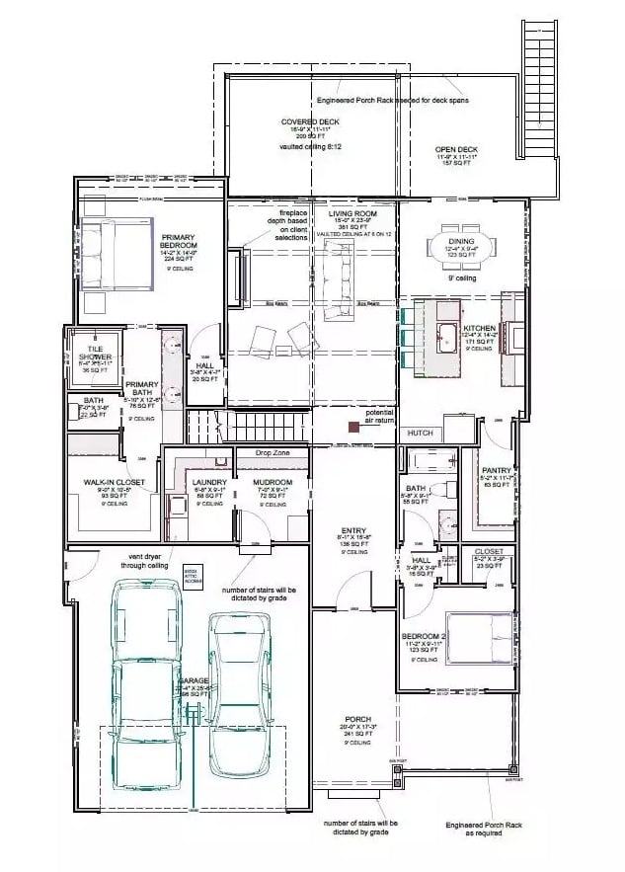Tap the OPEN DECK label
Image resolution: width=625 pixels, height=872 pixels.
(x=456, y=149)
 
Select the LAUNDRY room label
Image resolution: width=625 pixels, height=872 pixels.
(x=210, y=482)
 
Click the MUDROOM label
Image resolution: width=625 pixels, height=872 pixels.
(x=272, y=482)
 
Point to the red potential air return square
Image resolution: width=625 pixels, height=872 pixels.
(x=352, y=427)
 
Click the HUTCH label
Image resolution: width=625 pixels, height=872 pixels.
(x=419, y=433)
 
